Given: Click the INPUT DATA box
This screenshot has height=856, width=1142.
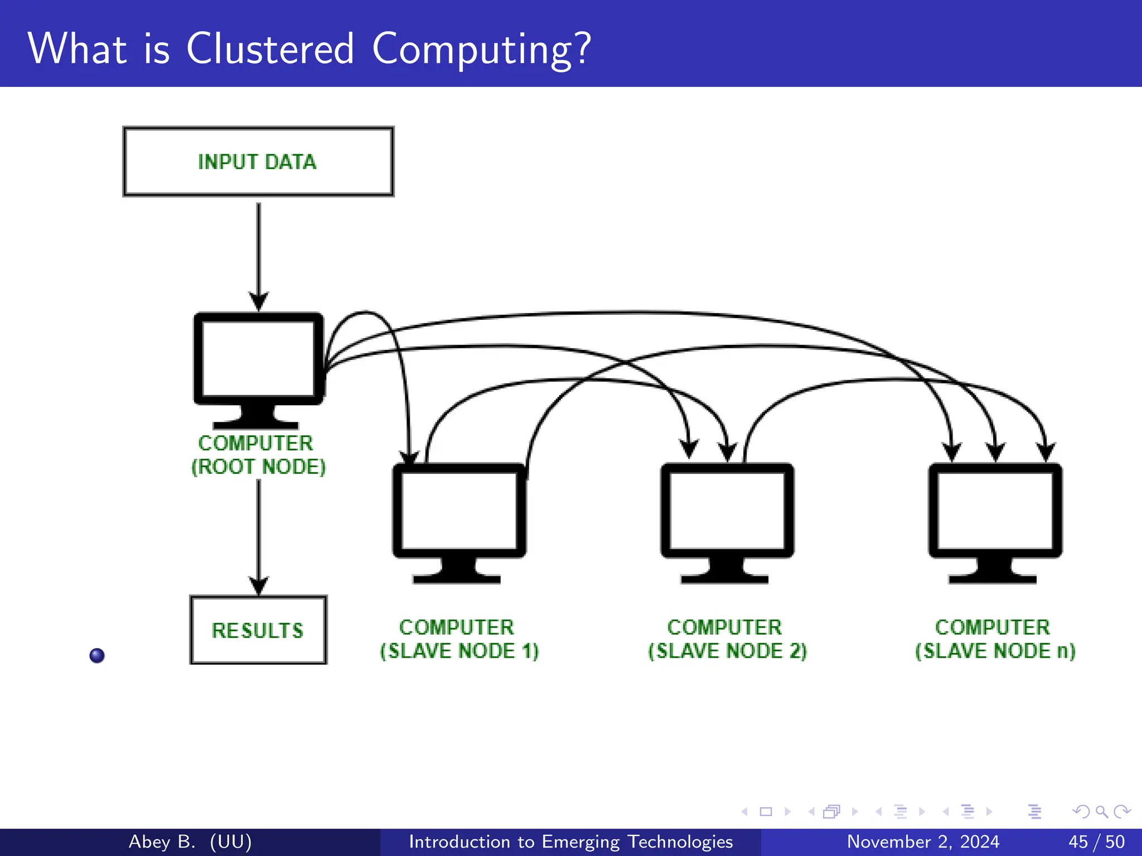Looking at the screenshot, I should tap(258, 162).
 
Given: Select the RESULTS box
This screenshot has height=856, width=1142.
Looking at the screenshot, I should tap(258, 630).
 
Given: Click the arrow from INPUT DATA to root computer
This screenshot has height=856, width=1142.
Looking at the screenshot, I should tap(258, 251).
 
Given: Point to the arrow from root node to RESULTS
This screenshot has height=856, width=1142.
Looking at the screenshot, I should tap(258, 535).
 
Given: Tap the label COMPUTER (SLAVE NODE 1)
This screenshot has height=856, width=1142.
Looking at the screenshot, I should tap(459, 639).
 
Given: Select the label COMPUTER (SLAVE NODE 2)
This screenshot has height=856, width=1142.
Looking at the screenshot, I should tap(727, 639).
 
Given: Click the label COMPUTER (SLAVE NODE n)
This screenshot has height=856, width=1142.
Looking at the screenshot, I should tap(995, 639).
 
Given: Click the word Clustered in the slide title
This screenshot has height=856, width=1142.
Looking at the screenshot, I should tap(270, 49).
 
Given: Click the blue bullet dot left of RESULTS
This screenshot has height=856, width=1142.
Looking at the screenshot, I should tap(97, 655).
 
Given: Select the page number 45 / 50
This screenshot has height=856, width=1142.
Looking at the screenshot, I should tap(1096, 842).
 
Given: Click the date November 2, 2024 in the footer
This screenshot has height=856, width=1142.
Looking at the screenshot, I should tap(923, 842).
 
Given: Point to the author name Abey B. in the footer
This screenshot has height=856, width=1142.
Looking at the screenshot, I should tap(162, 842).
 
